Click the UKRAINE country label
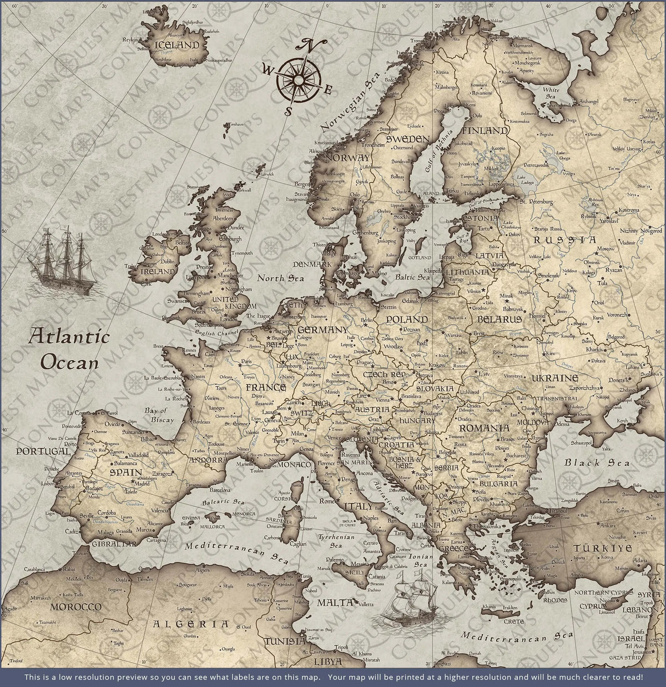[x=555, y=378]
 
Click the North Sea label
[x=281, y=278]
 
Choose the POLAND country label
[x=406, y=319]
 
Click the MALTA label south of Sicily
[x=336, y=602]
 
